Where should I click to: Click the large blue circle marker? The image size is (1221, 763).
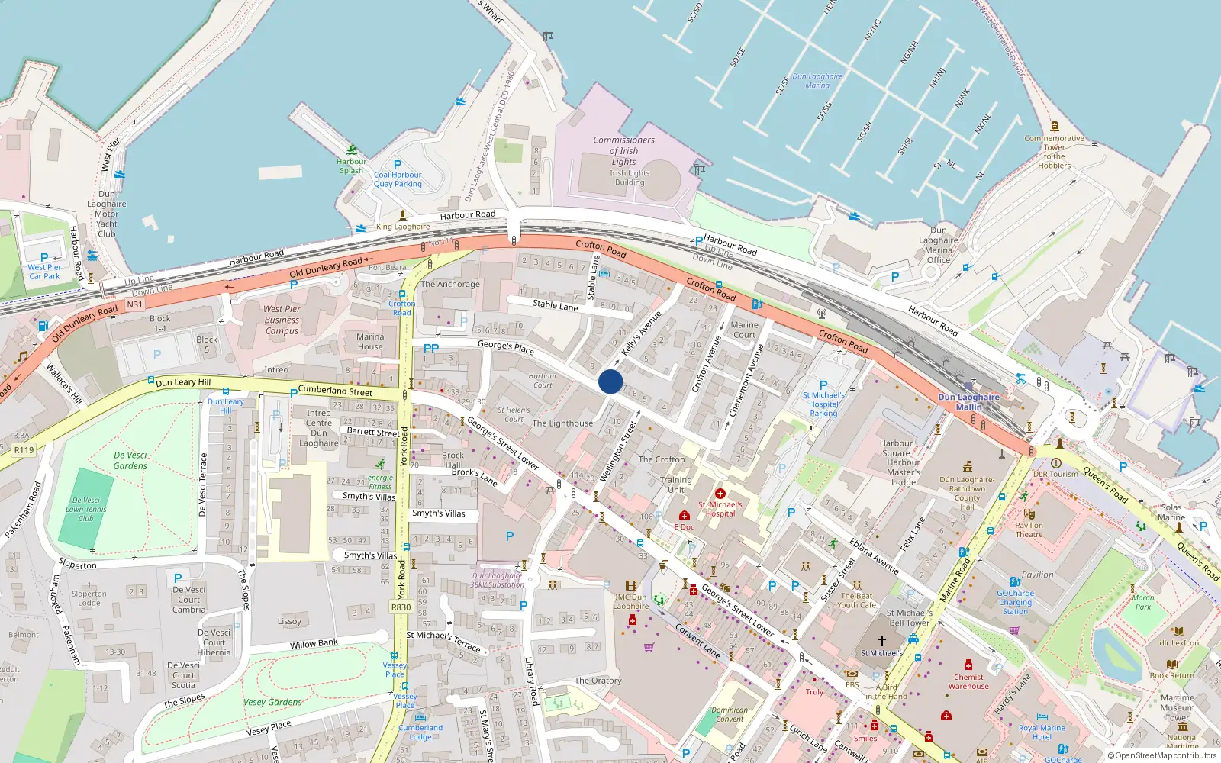610,381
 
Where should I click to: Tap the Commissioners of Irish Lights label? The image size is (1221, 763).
623,150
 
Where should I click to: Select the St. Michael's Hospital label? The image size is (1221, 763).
720,509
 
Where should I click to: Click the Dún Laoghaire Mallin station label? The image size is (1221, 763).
968,401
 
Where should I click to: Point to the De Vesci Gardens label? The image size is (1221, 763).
130,460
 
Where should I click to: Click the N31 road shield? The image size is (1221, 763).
134,304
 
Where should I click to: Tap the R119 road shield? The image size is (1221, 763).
24,450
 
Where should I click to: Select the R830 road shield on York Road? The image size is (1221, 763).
401,607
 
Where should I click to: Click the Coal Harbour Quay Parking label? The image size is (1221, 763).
398,179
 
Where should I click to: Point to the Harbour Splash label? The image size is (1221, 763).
351,166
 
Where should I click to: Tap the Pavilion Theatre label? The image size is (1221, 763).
1029,530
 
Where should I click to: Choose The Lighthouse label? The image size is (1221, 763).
562,423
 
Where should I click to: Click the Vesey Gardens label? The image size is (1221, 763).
272,702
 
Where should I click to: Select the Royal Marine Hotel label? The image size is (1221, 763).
1042,732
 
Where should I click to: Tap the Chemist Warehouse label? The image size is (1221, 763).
968,681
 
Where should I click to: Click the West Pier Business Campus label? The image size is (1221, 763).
282,320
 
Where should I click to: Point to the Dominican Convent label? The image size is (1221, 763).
730,714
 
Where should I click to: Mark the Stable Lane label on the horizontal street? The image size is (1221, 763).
555,305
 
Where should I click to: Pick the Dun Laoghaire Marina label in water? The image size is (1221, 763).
817,81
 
